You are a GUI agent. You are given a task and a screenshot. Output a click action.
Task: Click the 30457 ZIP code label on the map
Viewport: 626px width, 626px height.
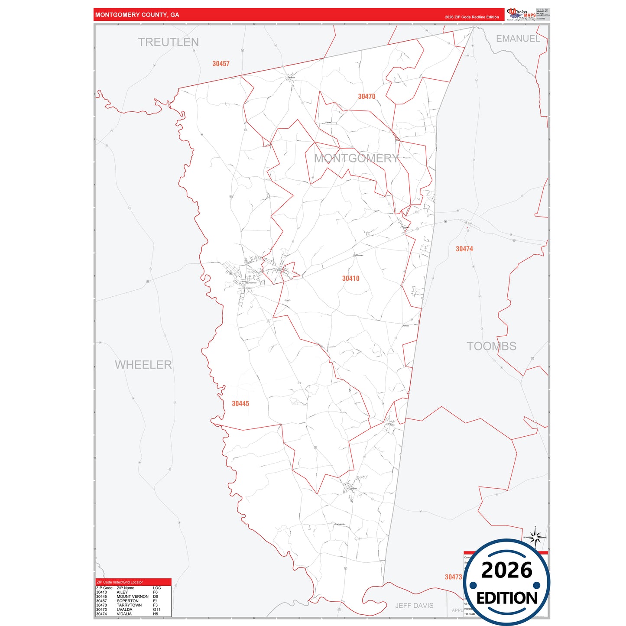pyautogui.click(x=221, y=64)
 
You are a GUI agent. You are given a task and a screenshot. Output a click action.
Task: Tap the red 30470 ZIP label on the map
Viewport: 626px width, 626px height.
pyautogui.click(x=367, y=97)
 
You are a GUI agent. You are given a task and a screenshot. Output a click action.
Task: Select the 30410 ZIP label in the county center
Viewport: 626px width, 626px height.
pyautogui.click(x=350, y=279)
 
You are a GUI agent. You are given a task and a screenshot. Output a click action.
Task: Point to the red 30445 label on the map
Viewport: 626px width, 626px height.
pyautogui.click(x=240, y=404)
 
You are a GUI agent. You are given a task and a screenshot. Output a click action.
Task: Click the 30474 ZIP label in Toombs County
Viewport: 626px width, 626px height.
pyautogui.click(x=464, y=249)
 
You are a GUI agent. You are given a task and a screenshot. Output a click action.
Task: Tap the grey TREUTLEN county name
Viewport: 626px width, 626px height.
pyautogui.click(x=169, y=42)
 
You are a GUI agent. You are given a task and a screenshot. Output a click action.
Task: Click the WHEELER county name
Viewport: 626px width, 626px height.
pyautogui.click(x=143, y=365)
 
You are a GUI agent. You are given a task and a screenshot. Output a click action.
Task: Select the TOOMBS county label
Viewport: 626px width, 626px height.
pyautogui.click(x=491, y=346)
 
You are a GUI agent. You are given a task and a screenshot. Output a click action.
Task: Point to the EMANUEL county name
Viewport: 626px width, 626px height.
pyautogui.click(x=518, y=39)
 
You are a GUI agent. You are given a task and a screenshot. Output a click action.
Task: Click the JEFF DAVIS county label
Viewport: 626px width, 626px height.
pyautogui.click(x=414, y=606)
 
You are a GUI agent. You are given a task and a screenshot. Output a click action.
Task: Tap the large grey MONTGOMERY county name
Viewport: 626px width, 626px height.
pyautogui.click(x=356, y=159)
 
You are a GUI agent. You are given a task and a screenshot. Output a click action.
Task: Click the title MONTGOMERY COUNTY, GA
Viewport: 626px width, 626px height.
pyautogui.click(x=137, y=15)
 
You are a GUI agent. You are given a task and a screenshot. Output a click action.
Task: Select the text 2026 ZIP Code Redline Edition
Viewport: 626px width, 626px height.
pyautogui.click(x=472, y=17)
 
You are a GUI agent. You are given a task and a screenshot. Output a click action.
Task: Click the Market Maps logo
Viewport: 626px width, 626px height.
pyautogui.click(x=521, y=14)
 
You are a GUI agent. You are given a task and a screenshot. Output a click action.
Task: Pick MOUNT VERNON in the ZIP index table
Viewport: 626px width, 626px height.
pyautogui.click(x=133, y=597)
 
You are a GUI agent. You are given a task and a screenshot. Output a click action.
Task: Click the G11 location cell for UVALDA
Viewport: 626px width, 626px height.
pyautogui.click(x=156, y=610)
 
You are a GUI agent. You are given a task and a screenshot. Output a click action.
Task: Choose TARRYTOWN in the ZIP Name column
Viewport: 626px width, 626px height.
pyautogui.click(x=129, y=605)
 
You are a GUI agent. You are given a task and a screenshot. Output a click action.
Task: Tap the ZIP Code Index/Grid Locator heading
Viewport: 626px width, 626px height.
pyautogui.click(x=120, y=582)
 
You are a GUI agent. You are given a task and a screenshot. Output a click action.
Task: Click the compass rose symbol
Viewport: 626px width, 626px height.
pyautogui.click(x=535, y=538)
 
